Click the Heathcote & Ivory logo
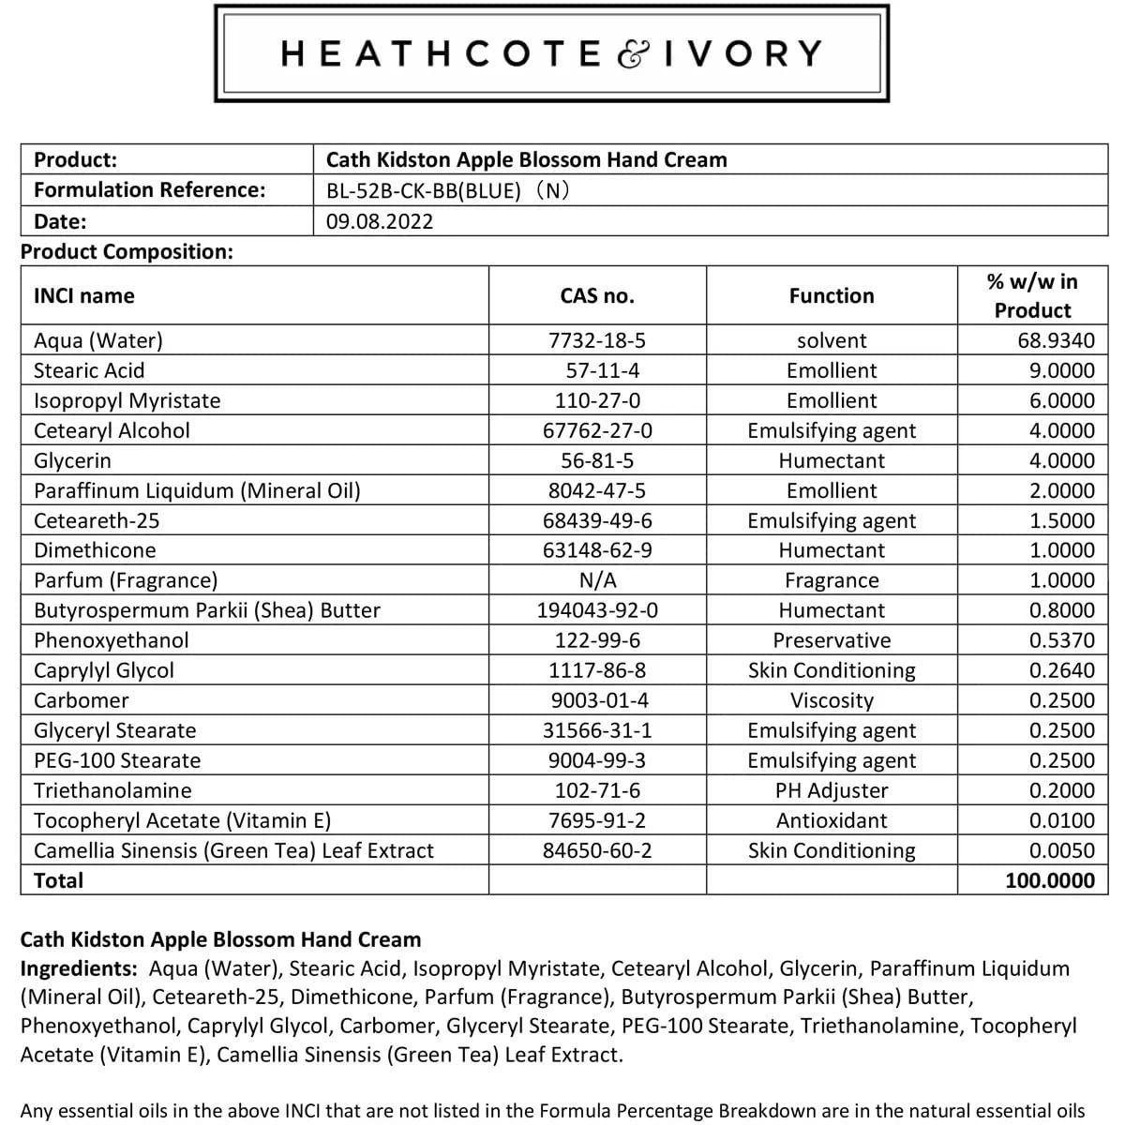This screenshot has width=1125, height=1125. coord(551,53)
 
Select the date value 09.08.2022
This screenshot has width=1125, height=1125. coord(380,221)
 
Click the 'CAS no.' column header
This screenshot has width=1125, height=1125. coord(597,296)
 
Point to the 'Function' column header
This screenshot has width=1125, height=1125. coord(832,296)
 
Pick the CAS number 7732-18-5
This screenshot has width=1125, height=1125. coord(597,340)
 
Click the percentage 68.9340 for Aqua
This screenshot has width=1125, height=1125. coord(1056,340)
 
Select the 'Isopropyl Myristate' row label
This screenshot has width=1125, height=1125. coord(127,400)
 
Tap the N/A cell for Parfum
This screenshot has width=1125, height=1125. coord(597,580)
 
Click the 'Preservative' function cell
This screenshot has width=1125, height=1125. coord(832,640)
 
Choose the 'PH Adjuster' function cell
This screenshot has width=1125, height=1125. coord(832,790)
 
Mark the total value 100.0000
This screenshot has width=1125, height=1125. coord(1049,880)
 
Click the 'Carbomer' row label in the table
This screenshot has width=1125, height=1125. coord(82,700)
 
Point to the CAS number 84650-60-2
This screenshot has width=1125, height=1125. coord(597,850)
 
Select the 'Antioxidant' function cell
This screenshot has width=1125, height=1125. coord(832,820)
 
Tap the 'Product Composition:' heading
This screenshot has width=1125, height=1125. coord(127,251)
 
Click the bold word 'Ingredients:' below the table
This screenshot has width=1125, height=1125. coord(79,968)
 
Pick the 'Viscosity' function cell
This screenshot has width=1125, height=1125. coord(832,700)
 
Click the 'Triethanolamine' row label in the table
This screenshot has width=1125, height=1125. coord(112,790)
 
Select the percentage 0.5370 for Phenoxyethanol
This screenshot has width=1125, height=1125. coord(1061,640)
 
